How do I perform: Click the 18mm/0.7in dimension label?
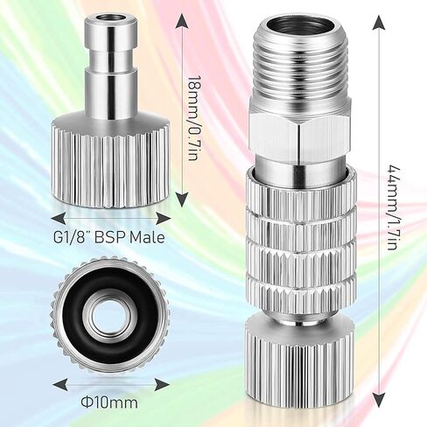click(x=194, y=118)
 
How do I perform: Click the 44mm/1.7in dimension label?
click(x=392, y=207)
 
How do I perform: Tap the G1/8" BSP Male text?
click(x=109, y=237)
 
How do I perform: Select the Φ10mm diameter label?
click(x=109, y=402)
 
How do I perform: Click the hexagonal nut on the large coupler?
click(x=299, y=134)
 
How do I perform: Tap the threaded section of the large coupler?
click(x=299, y=67)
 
